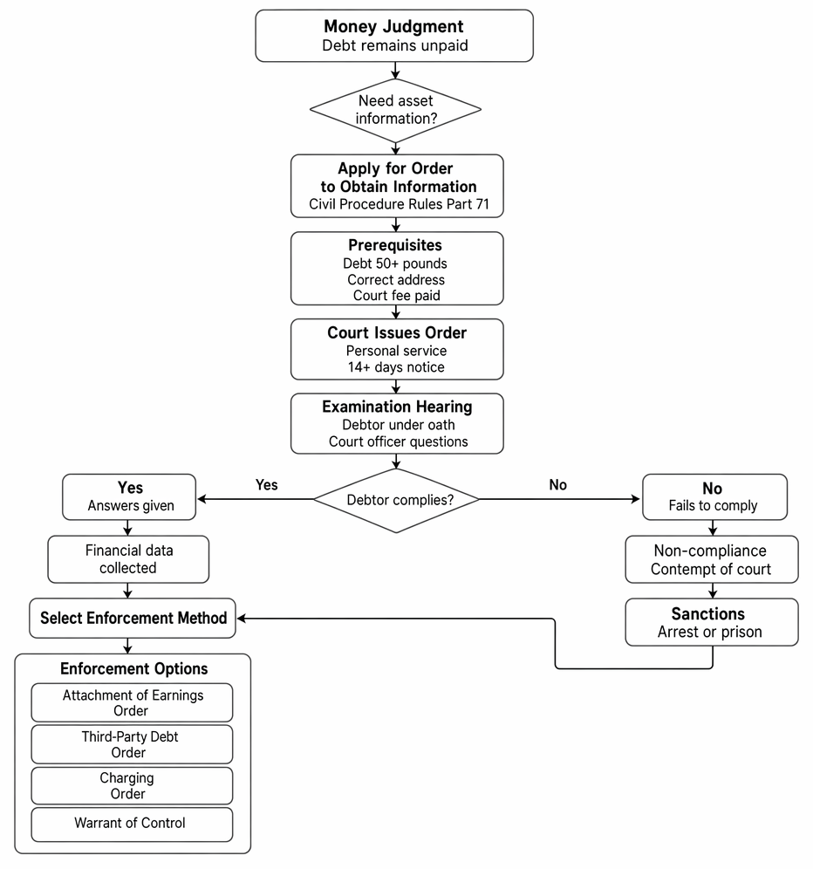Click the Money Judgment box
tap(394, 36)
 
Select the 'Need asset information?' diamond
tap(395, 110)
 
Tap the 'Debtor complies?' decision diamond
tap(396, 500)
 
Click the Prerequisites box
tap(397, 269)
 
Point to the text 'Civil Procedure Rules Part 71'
tap(399, 204)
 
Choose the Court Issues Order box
tap(397, 349)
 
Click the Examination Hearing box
tap(397, 424)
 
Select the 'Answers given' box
tap(129, 497)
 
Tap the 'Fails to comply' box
tap(714, 497)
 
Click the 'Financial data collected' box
tap(128, 559)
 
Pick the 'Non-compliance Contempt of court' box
tap(712, 559)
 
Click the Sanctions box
tap(712, 622)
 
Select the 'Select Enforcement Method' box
tap(133, 618)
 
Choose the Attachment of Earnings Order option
tap(132, 702)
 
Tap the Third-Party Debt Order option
tap(132, 744)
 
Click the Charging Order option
tap(132, 786)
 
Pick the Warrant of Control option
tap(132, 825)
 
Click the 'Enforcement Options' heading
tap(134, 669)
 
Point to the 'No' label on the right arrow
tap(558, 485)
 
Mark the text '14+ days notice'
tap(396, 367)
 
